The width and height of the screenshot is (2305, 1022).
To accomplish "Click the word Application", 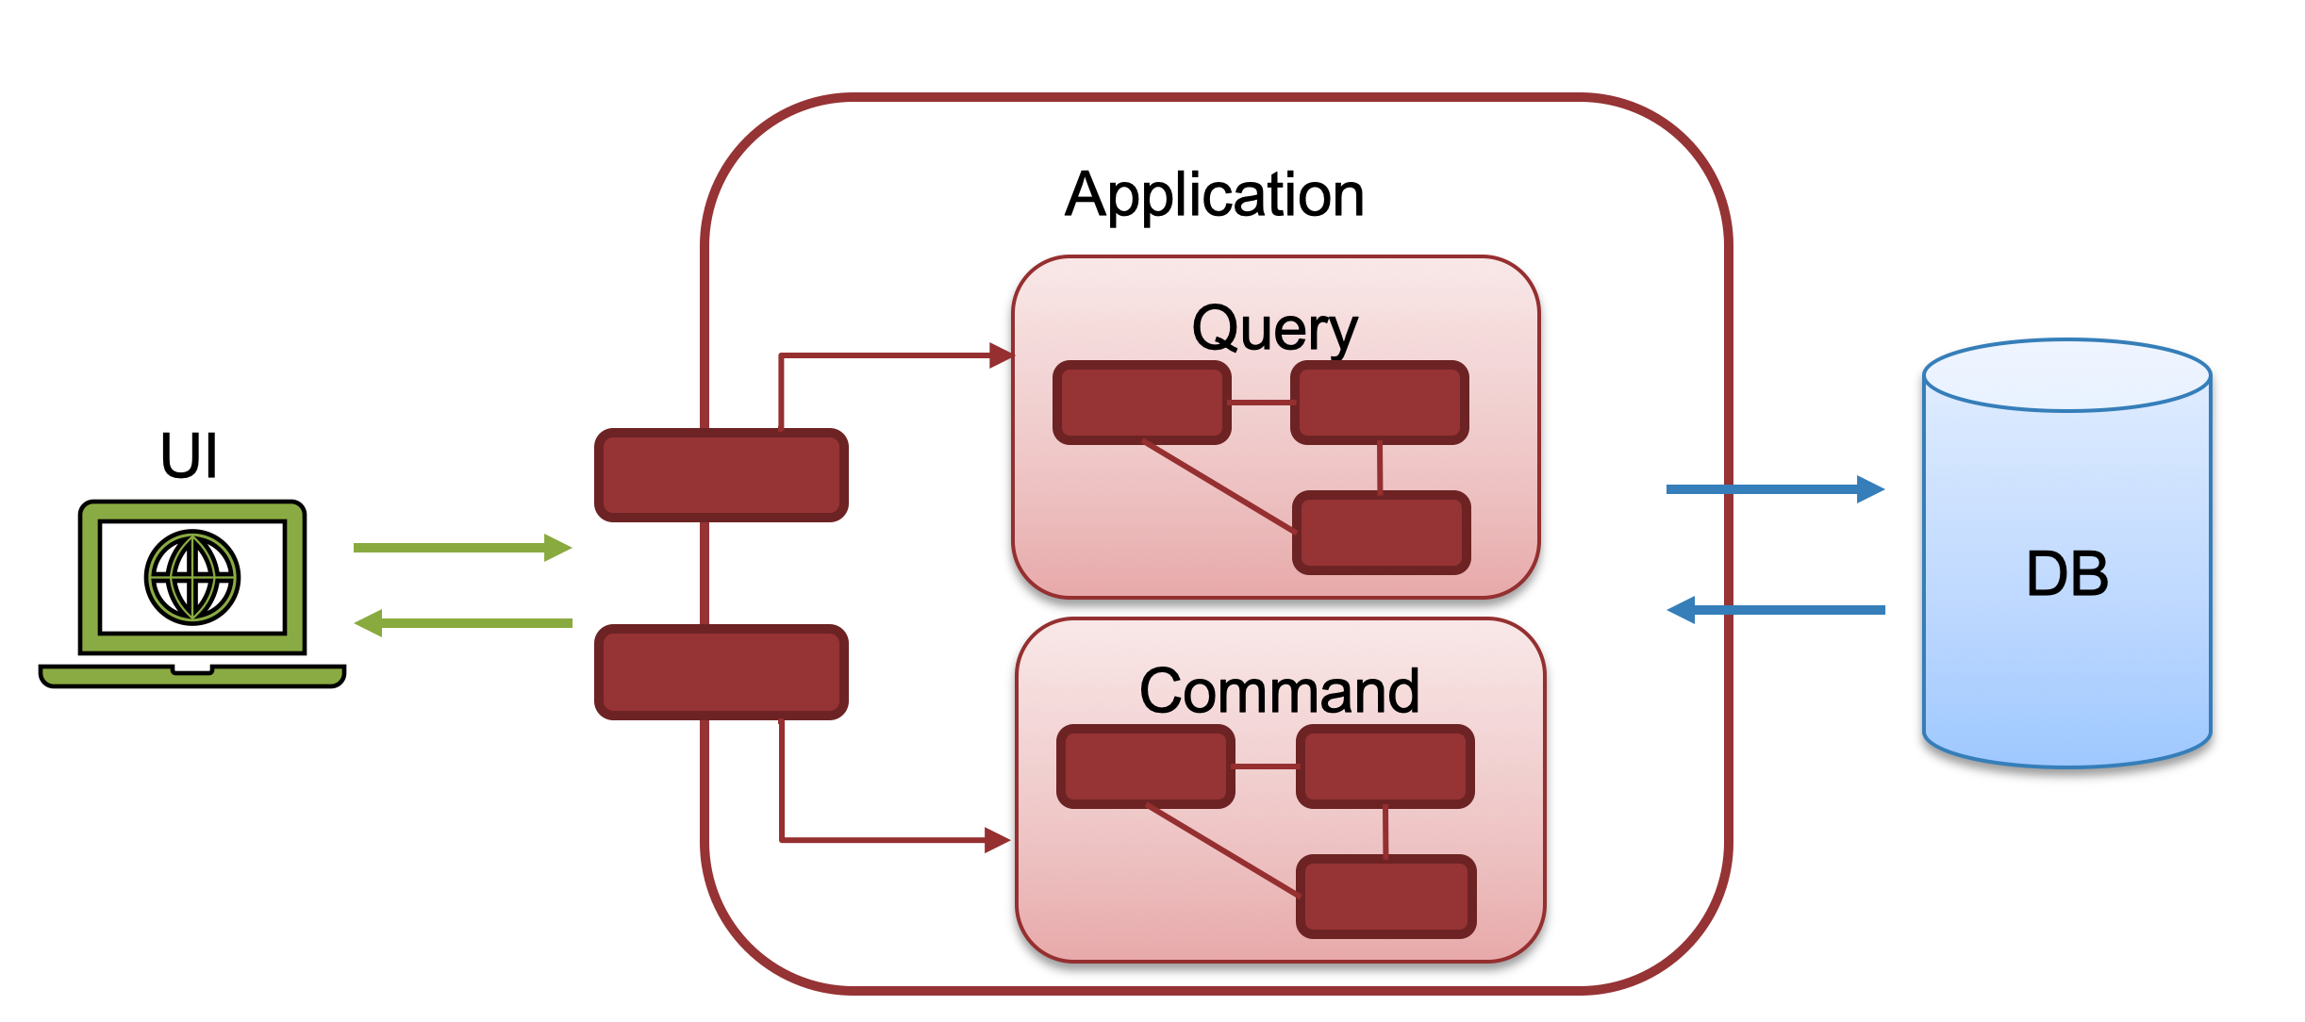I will pos(1215,195).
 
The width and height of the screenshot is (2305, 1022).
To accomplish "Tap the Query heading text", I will pos(1275,329).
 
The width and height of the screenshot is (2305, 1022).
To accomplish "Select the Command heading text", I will pos(1279,691).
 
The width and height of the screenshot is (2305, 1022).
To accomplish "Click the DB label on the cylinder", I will pos(2066,574).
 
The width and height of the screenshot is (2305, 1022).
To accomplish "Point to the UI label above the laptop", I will pos(189,456).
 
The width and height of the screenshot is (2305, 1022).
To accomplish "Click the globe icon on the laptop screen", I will pos(192,577).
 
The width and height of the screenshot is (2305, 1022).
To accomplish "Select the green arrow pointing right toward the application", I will pos(462,548).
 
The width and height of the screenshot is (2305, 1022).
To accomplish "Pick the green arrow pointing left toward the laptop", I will pos(462,623).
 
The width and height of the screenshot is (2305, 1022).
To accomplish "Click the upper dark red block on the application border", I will pos(721,475).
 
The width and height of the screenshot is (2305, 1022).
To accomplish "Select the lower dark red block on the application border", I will pos(721,672).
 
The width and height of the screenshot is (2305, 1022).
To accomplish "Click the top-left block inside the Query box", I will pos(1141,403).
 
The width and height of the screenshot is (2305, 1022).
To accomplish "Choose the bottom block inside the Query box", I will pos(1381,533).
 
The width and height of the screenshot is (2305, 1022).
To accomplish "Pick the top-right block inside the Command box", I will pos(1385,766).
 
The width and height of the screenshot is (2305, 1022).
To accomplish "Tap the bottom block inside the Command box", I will pos(1386,897).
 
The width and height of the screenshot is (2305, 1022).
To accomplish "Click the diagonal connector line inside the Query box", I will pos(1217,486).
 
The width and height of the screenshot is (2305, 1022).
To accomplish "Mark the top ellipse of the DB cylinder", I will pos(2066,375).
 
